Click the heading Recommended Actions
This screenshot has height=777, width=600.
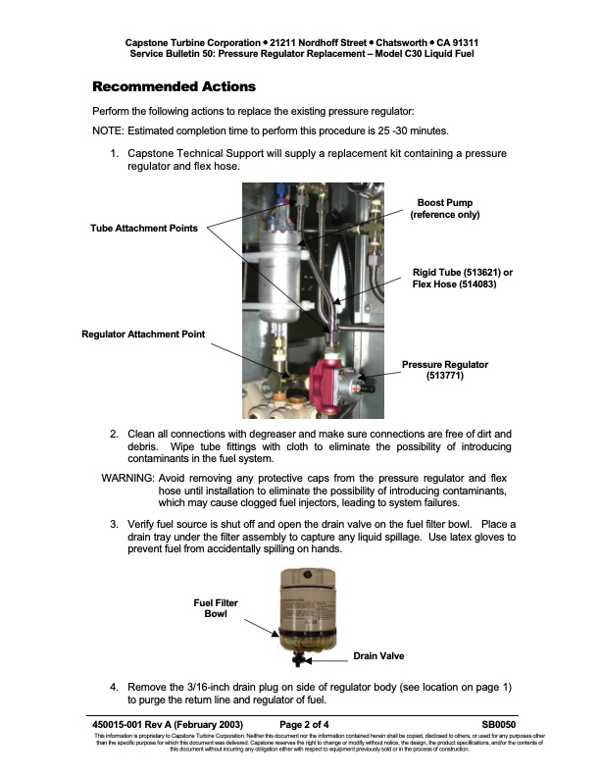(x=173, y=86)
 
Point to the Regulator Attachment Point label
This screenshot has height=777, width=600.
(x=143, y=334)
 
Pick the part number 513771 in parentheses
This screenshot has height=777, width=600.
(x=444, y=376)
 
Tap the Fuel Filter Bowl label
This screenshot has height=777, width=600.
(x=215, y=607)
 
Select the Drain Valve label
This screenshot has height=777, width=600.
(x=379, y=656)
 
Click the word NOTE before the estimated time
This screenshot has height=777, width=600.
(x=107, y=130)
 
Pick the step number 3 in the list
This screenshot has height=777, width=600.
(x=114, y=525)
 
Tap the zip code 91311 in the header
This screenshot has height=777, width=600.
(x=458, y=43)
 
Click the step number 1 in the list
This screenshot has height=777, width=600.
(x=114, y=154)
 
